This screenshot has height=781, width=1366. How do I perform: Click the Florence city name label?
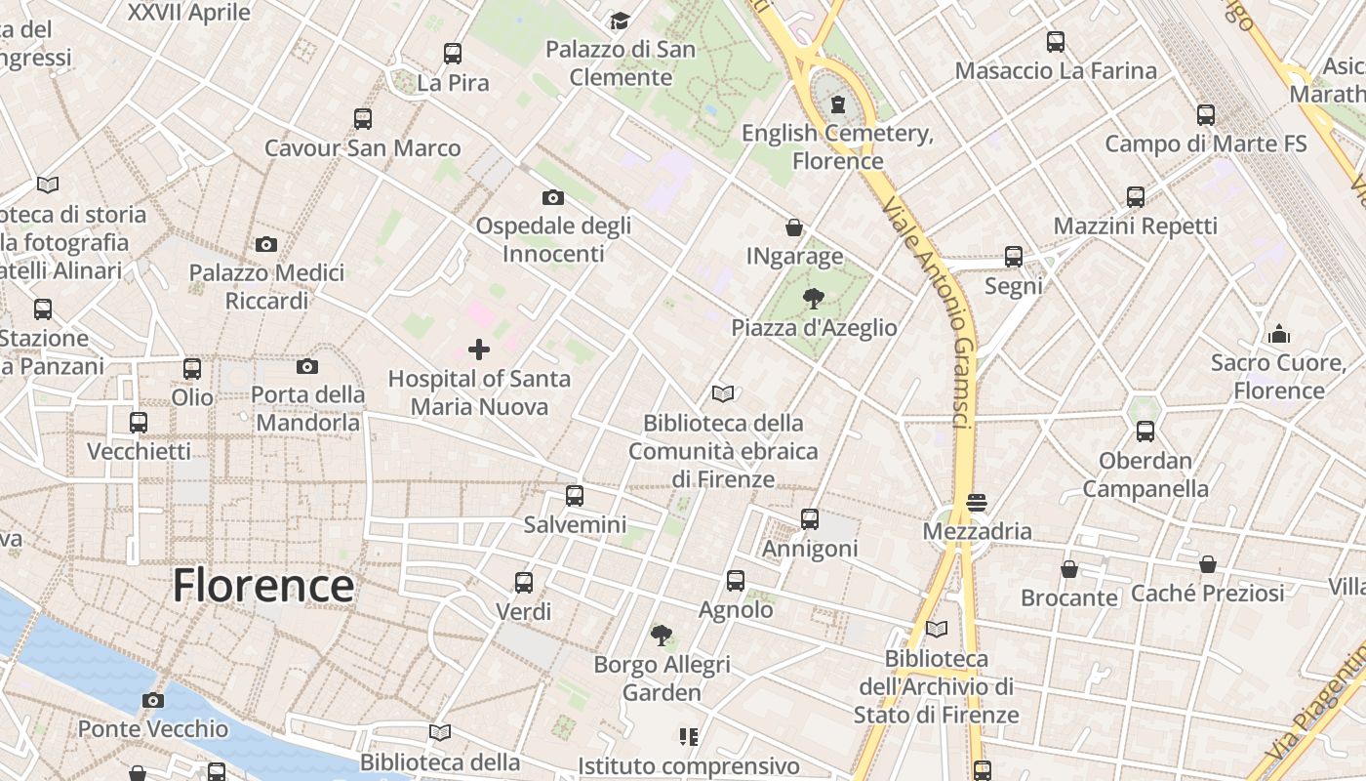(262, 586)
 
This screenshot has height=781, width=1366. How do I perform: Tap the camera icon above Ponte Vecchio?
(152, 700)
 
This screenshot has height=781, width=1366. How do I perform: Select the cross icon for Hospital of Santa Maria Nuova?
(479, 349)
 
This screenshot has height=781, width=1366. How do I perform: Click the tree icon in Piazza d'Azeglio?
(813, 298)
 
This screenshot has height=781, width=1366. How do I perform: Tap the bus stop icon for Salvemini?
(575, 495)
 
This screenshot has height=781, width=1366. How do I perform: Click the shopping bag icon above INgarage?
(794, 227)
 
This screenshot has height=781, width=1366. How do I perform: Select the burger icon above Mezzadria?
(977, 503)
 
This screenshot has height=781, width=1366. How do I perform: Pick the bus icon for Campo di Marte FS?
(1206, 114)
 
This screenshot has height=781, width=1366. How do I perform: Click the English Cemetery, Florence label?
(838, 147)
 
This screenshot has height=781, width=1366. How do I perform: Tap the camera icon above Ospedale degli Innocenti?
(553, 197)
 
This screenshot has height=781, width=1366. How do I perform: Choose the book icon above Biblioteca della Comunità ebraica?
(723, 394)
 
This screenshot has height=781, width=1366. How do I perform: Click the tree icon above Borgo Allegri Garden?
(662, 636)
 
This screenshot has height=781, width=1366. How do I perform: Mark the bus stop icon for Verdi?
(524, 583)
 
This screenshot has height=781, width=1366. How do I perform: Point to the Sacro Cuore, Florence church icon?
(1279, 334)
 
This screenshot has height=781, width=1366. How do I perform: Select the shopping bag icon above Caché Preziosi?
(1208, 563)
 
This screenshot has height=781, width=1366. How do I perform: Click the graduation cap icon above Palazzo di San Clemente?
(620, 21)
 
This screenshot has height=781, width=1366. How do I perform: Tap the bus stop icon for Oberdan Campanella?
(1145, 431)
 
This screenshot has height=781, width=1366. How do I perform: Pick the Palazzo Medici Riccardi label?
(266, 287)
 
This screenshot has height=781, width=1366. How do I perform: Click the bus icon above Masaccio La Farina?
(1056, 41)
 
